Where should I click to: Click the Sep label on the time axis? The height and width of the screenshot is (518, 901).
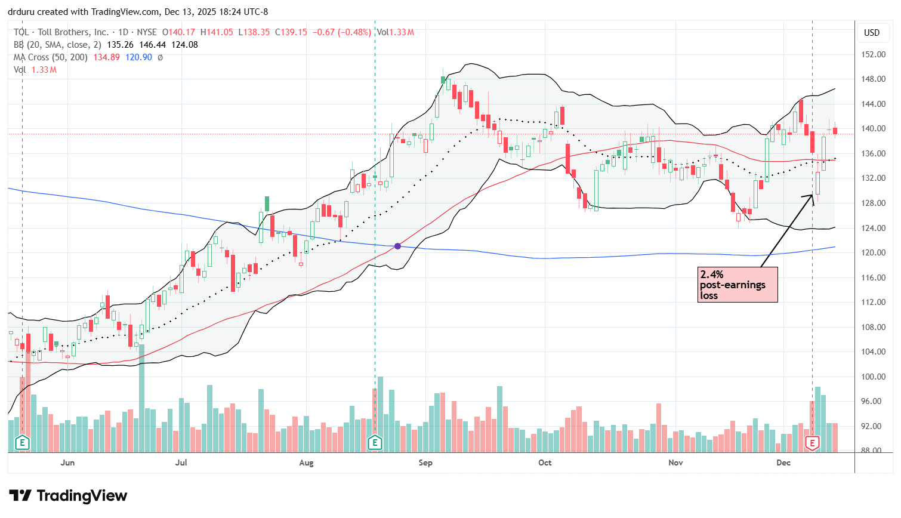point(425,462)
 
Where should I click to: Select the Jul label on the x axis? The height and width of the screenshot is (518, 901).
point(181,462)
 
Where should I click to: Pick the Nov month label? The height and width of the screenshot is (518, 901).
point(675,462)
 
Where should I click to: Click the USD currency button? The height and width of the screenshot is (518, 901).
point(872,33)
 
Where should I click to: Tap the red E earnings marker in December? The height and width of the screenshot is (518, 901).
point(812,443)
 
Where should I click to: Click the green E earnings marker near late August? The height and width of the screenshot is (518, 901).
point(375,443)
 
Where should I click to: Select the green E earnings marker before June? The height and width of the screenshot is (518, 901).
point(22,443)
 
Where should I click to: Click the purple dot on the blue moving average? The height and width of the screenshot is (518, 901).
point(398,246)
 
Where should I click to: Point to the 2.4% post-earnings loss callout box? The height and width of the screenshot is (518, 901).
point(738,285)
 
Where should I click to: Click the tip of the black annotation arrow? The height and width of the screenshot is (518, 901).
point(813,195)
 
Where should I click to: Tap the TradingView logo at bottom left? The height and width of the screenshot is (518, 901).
point(68,496)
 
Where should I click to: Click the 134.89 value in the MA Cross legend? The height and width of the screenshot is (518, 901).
point(106,57)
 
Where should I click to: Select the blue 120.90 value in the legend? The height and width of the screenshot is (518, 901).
point(138,57)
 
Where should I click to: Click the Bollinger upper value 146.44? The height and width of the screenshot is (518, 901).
point(152,45)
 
